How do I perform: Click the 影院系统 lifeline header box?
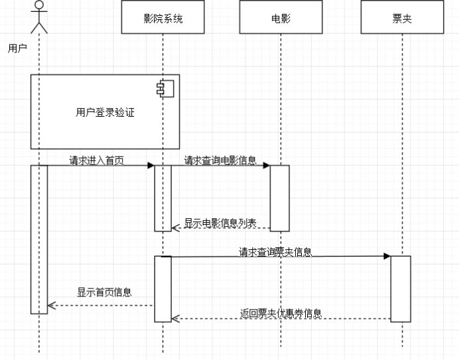pos(163,17)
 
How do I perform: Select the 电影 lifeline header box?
pos(281,17)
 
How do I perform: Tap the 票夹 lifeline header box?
pos(402,17)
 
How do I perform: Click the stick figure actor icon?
pos(39,17)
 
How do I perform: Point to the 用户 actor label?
pos(17,48)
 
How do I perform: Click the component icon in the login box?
pos(165,89)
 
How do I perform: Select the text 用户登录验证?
pos(105,113)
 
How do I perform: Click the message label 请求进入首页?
pos(97,160)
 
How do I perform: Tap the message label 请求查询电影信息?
pos(220,160)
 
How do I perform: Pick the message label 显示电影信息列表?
pos(220,223)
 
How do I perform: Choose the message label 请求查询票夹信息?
pos(275,252)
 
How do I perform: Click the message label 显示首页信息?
pos(105,292)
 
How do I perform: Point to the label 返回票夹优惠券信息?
pos(281,314)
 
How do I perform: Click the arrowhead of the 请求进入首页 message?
pos(151,166)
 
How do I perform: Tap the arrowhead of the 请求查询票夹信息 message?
pos(387,257)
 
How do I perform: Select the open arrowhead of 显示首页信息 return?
pos(52,306)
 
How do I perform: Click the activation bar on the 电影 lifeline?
pos(279,198)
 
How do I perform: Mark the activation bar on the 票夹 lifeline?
pos(401,289)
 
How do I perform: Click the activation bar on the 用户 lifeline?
pos(39,239)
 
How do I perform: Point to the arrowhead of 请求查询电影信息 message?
pos(267,166)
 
